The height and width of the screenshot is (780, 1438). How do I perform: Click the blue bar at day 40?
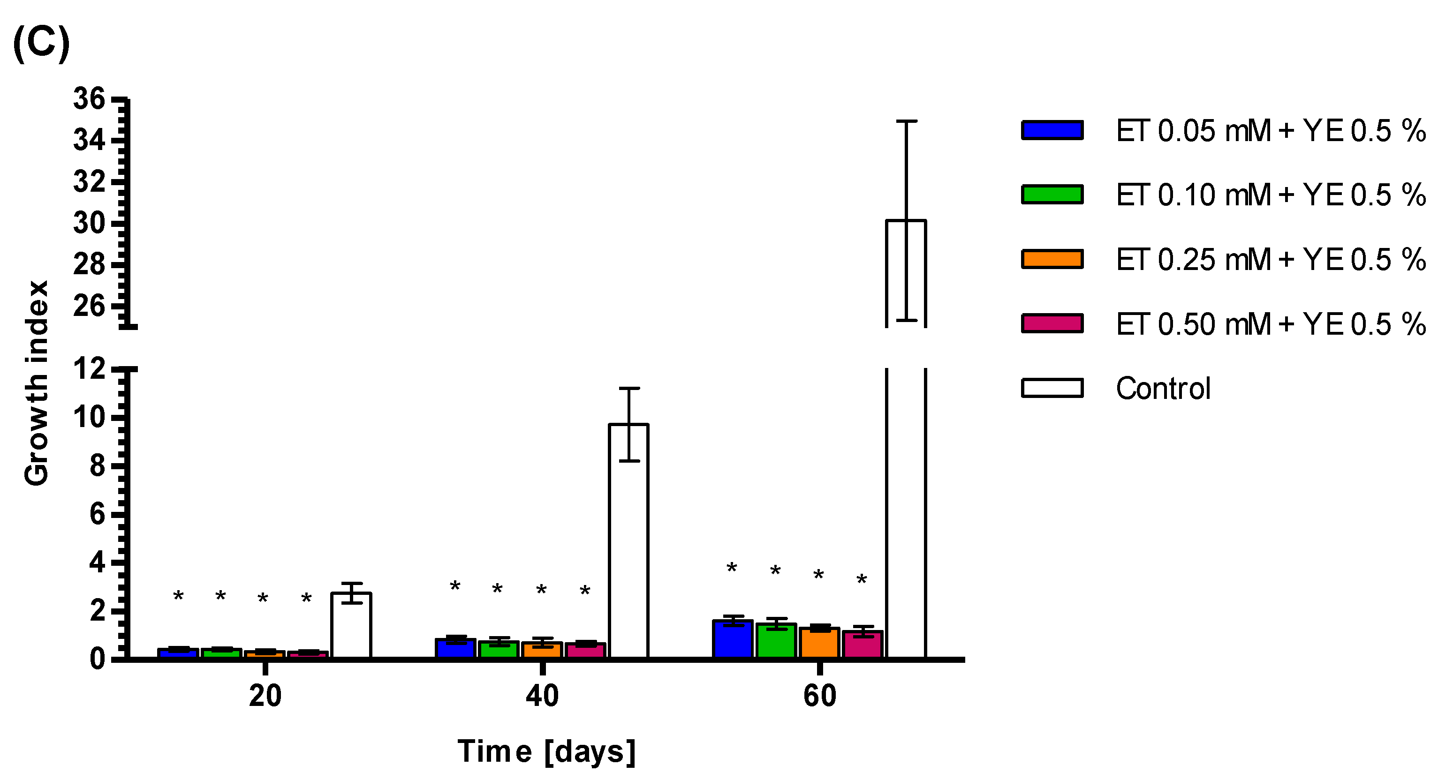pyautogui.click(x=455, y=648)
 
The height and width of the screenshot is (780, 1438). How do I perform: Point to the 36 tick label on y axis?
pyautogui.click(x=89, y=99)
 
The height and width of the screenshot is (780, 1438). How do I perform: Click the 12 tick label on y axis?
pyautogui.click(x=89, y=369)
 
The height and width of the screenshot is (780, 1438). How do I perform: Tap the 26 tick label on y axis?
pyautogui.click(x=89, y=306)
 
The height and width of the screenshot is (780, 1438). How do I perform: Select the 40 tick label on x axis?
pyautogui.click(x=542, y=696)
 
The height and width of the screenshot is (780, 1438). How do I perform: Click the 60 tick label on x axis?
pyautogui.click(x=819, y=696)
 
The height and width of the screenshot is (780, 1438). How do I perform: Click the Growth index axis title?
pyautogui.click(x=37, y=383)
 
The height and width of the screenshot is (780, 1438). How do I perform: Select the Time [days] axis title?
pyautogui.click(x=546, y=751)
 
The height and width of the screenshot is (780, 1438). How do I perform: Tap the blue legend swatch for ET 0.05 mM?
pyautogui.click(x=1052, y=130)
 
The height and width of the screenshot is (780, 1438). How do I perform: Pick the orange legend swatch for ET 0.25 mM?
pyautogui.click(x=1052, y=259)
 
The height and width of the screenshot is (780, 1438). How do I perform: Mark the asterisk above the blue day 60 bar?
pyautogui.click(x=732, y=568)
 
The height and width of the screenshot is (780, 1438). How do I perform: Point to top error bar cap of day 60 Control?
pyautogui.click(x=907, y=121)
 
